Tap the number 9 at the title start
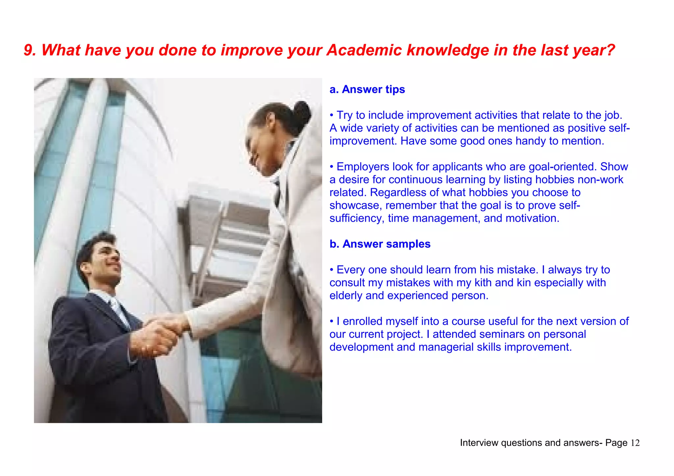pyautogui.click(x=29, y=50)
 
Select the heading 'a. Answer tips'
pyautogui.click(x=367, y=89)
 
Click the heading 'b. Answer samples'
pyautogui.click(x=380, y=244)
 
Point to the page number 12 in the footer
pyautogui.click(x=635, y=443)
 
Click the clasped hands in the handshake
pyautogui.click(x=161, y=332)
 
